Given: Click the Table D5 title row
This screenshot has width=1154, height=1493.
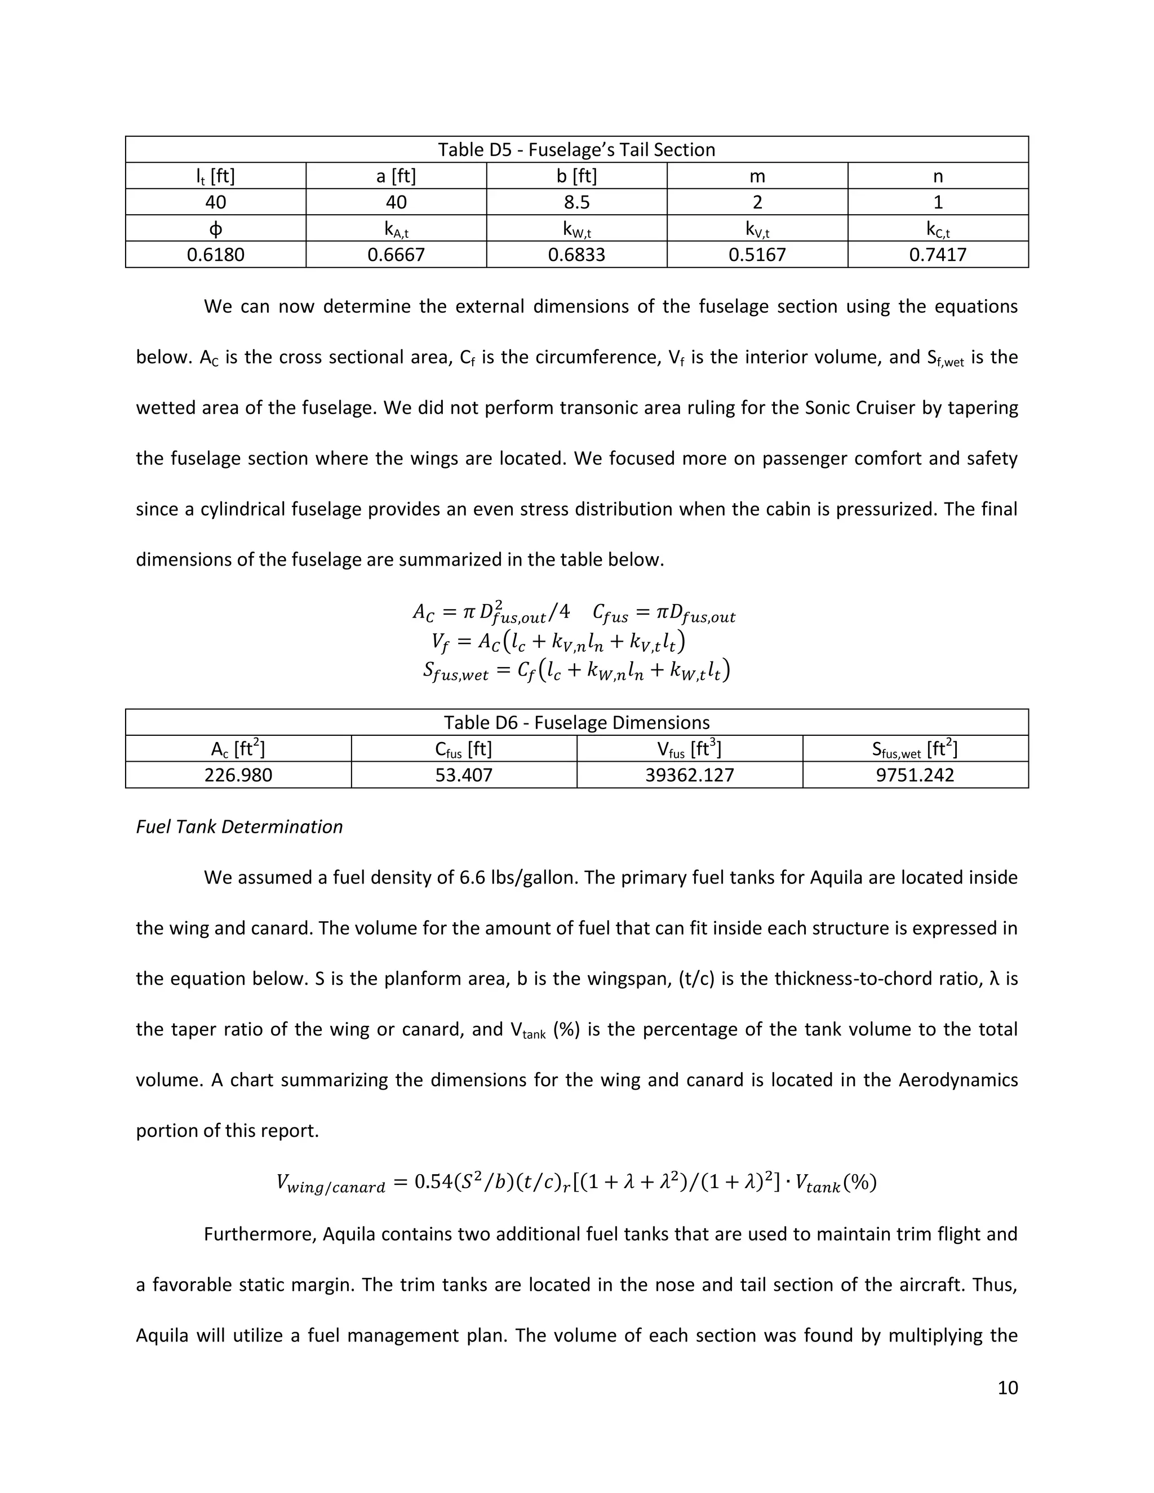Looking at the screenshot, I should tap(576, 150).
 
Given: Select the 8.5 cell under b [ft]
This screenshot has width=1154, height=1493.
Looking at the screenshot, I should tap(576, 202).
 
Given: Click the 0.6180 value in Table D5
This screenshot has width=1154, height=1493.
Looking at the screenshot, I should tap(215, 255).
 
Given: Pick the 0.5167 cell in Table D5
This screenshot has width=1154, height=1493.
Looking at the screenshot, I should tap(757, 255).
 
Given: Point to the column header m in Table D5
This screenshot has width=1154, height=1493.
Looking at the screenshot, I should tap(757, 176).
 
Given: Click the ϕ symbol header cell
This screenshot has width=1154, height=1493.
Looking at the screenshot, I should tap(215, 229).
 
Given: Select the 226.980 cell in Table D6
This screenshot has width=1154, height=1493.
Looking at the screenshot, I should tap(238, 775).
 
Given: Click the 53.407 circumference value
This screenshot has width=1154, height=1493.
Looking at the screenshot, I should tap(464, 775).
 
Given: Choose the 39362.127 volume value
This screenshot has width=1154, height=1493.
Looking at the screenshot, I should tap(689, 775).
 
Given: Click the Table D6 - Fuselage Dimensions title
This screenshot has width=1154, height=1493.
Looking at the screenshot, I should tap(576, 723).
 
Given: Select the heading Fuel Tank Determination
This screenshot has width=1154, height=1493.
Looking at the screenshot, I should tap(239, 827).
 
